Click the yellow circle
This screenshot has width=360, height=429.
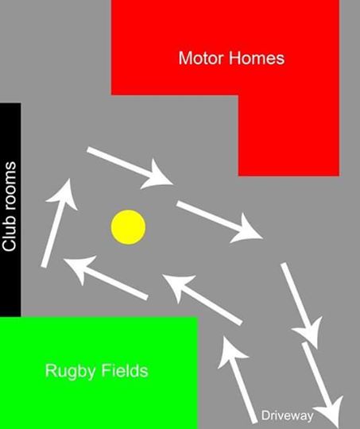(x=128, y=227)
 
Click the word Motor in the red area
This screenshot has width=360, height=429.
(x=201, y=58)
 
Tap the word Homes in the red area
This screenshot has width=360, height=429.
(x=257, y=58)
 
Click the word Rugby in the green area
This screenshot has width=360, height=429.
(x=71, y=371)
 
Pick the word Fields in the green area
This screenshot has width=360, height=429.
(x=125, y=370)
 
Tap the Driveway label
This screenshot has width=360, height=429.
(x=287, y=415)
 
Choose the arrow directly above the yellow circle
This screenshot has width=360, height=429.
(x=130, y=168)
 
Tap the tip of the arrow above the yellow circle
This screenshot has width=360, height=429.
(x=173, y=184)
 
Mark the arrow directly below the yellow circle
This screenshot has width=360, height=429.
(x=106, y=278)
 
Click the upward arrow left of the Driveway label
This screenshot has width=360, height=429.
(x=236, y=380)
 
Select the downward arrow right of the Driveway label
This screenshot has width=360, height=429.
(x=323, y=385)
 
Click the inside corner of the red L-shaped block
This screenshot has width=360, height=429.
(x=238, y=95)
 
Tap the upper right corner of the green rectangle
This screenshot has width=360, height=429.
(x=198, y=317)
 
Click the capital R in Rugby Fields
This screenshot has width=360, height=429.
(x=50, y=370)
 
